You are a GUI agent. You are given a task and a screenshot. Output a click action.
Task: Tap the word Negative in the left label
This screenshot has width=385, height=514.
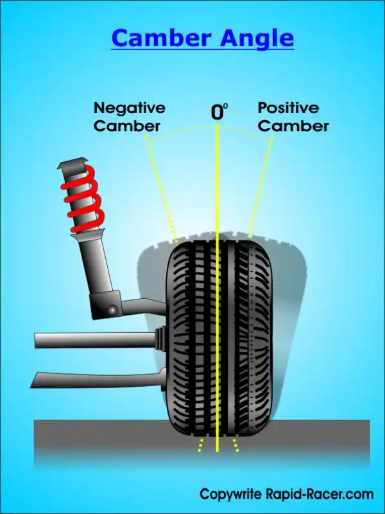pos(130,109)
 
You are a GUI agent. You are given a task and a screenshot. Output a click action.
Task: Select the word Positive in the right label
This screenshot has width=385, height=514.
pos(288,107)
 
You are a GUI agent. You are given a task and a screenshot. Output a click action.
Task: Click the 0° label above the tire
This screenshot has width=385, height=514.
pos(219,111)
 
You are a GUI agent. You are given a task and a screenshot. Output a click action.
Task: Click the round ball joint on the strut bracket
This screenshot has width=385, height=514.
pos(113,310)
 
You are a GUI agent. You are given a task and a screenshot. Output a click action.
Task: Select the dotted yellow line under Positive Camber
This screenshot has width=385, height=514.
pos(261,188)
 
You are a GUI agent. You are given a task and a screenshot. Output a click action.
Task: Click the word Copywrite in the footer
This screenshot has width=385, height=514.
pos(231,495)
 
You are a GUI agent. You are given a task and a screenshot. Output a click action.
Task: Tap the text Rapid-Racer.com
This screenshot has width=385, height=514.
pos(320,494)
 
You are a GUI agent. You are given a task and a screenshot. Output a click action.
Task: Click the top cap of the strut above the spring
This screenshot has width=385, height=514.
pos(73,163)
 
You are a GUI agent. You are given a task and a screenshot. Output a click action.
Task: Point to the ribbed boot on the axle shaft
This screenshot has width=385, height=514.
pos(160,339)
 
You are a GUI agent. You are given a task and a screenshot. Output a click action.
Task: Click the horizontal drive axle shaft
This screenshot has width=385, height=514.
pos(95,341)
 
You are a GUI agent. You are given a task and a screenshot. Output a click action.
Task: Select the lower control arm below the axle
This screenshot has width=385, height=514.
pos(98,380)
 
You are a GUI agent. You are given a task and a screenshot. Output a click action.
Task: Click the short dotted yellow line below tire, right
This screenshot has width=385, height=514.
pos(235,445)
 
